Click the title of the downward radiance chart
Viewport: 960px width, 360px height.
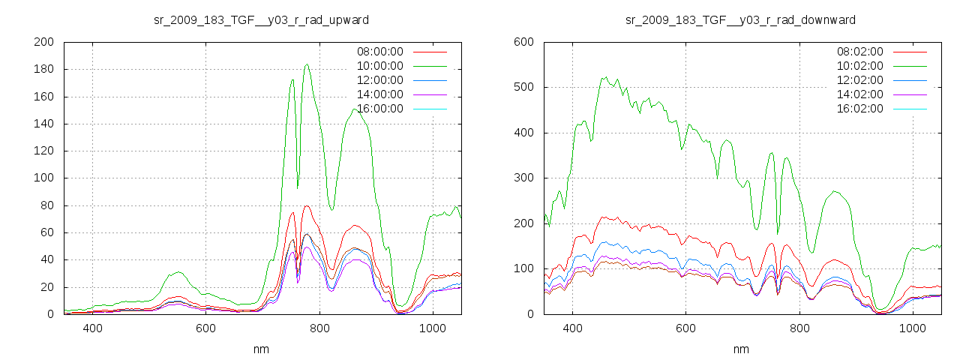[741, 19]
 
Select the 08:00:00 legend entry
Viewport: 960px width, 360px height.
[379, 52]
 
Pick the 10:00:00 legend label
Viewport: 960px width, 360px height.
[379, 66]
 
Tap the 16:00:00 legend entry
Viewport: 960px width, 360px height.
[379, 109]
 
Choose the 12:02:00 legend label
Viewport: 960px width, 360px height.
[859, 80]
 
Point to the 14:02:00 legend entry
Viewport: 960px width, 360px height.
[859, 94]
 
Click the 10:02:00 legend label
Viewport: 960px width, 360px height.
[859, 66]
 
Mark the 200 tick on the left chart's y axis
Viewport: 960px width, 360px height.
[43, 42]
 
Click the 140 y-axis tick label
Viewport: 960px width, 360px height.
[43, 124]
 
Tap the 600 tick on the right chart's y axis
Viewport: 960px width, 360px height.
[523, 42]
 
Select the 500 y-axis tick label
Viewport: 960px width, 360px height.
[523, 87]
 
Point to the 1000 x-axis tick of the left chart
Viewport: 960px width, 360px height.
[432, 328]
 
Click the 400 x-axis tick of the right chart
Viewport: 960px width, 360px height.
[572, 328]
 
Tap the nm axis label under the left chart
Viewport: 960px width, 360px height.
[261, 349]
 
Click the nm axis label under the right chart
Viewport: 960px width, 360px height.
[741, 349]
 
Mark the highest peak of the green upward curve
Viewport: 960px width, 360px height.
[307, 64]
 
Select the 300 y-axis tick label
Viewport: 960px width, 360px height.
[523, 178]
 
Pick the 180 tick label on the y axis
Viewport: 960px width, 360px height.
[43, 69]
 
